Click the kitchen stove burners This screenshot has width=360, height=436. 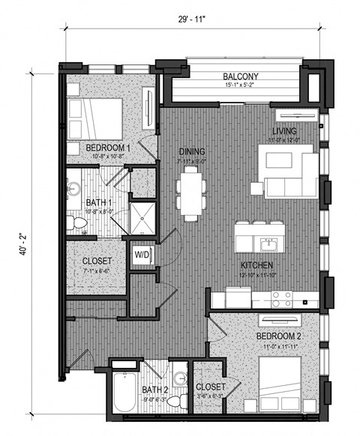[282, 299]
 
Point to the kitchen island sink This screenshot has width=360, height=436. [265, 243]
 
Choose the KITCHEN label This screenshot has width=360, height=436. [256, 266]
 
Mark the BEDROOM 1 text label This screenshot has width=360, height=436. [108, 148]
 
